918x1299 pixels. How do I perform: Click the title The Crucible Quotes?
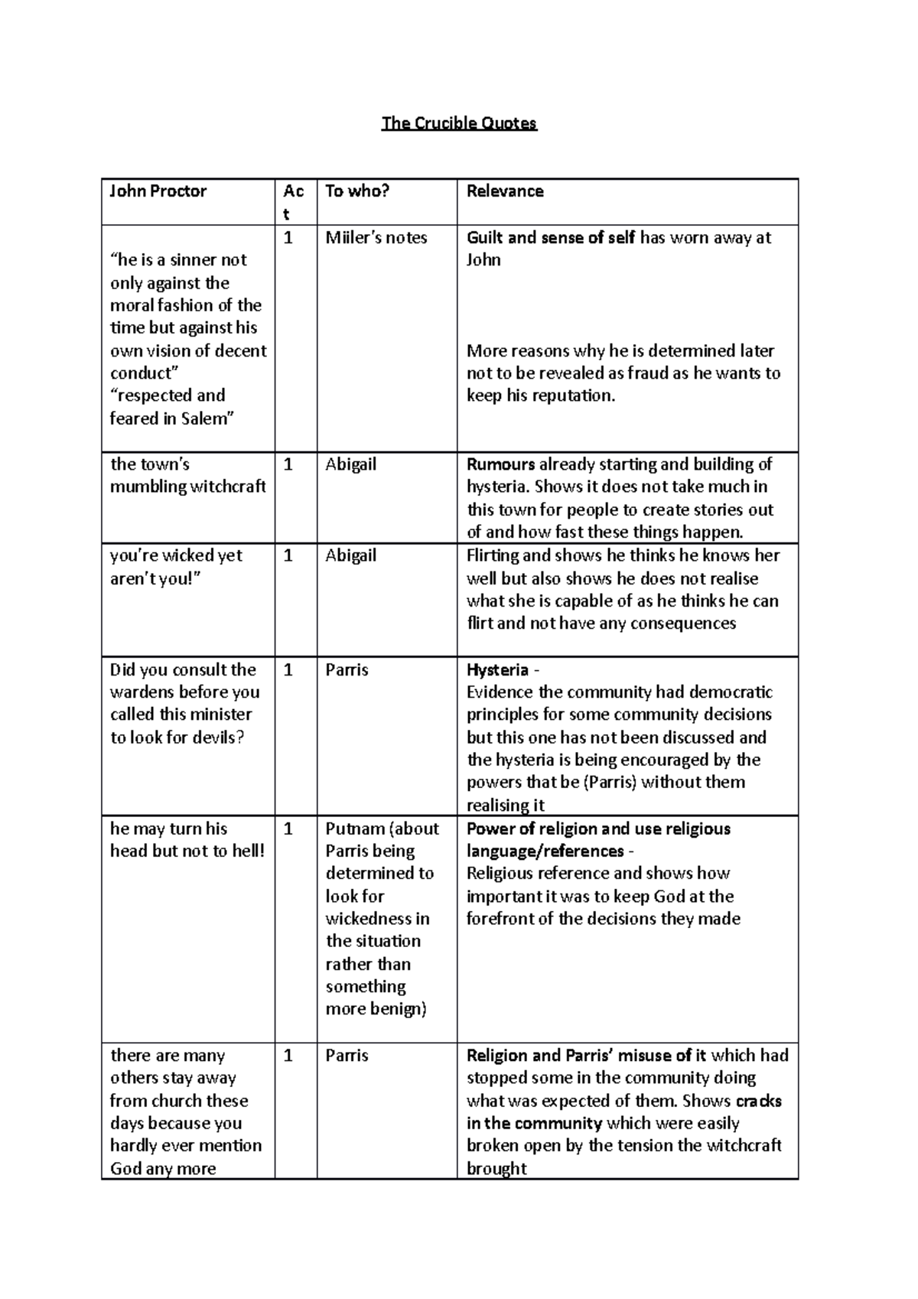coord(459,123)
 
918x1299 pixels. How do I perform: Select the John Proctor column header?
coord(158,191)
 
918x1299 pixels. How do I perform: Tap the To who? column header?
coord(357,191)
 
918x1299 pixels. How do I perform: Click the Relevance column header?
coord(505,191)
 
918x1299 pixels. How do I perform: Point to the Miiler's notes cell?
coord(376,238)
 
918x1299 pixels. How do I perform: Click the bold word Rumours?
coord(500,464)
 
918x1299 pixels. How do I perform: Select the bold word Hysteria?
coord(497,670)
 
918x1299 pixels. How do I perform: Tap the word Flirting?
coord(494,555)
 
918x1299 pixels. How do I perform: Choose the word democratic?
coord(731,692)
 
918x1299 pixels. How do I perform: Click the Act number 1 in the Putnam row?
coord(288,829)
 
